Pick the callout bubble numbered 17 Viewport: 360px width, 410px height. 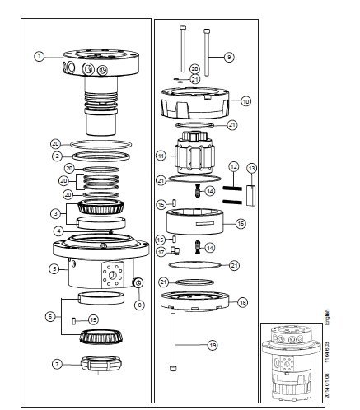click(162, 251)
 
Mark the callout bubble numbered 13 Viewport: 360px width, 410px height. click(252, 168)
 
